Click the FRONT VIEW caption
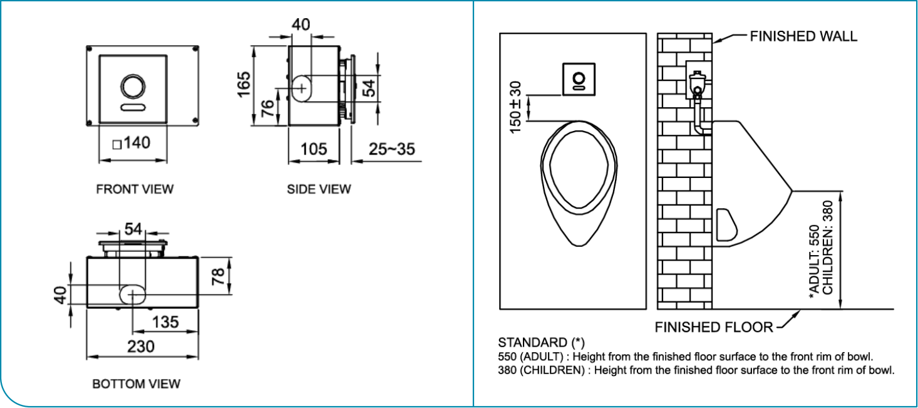135,189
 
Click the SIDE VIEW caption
319,189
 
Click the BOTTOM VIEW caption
137,384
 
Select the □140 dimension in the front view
132,144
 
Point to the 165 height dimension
244,84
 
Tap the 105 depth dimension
313,149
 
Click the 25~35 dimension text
391,149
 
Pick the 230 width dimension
141,347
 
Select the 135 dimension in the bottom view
165,322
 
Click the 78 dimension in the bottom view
218,276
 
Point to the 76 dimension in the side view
267,111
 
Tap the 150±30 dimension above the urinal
515,107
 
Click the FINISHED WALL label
803,36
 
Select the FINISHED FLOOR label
713,327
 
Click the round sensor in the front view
132,86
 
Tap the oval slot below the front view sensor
132,108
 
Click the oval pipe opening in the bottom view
132,293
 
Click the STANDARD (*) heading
541,343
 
